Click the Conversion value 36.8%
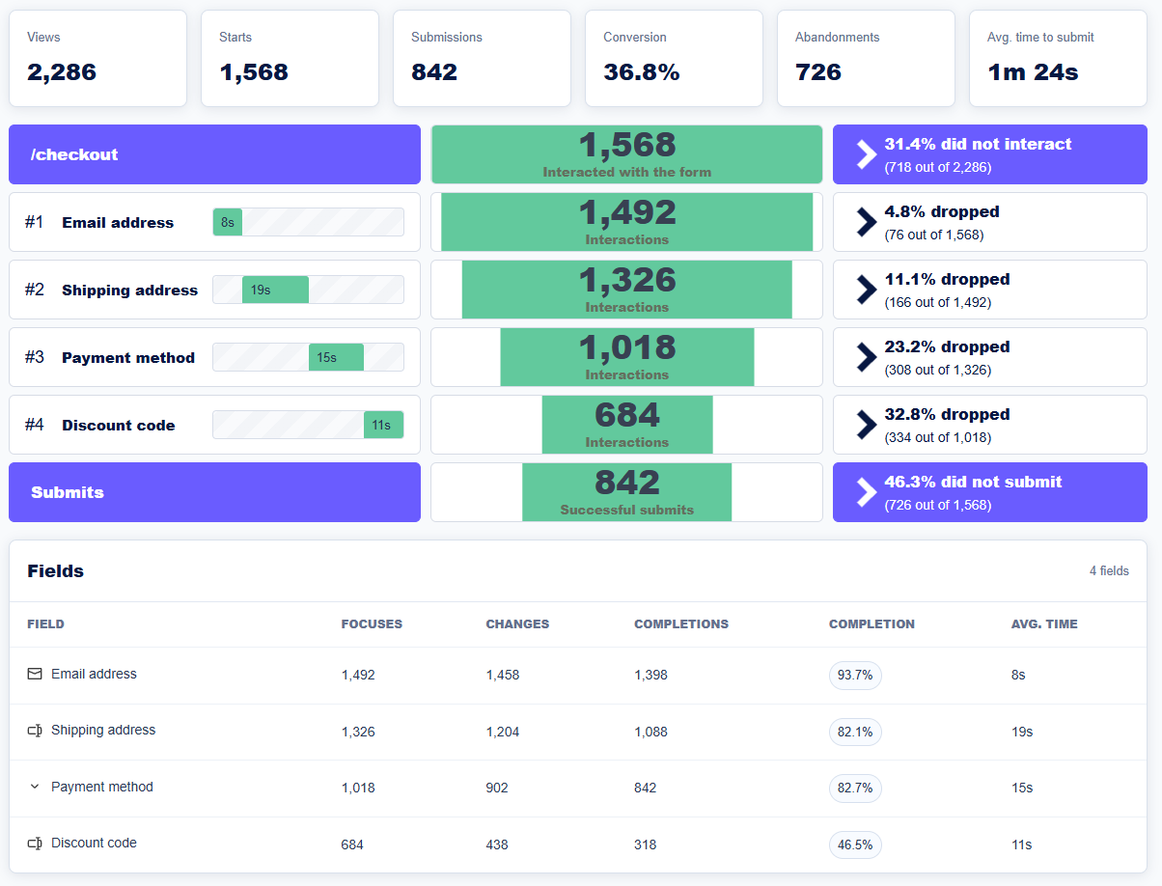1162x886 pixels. click(x=641, y=72)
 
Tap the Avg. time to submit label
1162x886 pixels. click(x=1040, y=37)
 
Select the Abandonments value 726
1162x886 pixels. click(x=817, y=72)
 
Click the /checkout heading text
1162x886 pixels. click(x=74, y=154)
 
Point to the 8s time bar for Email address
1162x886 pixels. click(x=228, y=222)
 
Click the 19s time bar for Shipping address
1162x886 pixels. click(x=275, y=290)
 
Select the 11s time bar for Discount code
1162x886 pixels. click(x=383, y=425)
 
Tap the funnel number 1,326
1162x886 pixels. click(x=627, y=280)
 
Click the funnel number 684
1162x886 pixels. click(x=627, y=415)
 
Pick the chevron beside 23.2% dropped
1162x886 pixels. click(x=867, y=357)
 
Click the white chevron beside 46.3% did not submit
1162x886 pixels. click(x=867, y=492)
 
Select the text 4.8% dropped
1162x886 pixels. click(x=942, y=211)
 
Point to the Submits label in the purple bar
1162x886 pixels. click(x=68, y=492)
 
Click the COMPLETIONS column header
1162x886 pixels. click(x=681, y=624)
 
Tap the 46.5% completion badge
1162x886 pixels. click(x=855, y=844)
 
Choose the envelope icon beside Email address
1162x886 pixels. click(x=35, y=674)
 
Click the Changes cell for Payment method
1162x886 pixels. click(x=497, y=789)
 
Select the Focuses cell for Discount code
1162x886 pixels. click(x=352, y=844)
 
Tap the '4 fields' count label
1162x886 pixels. click(x=1109, y=571)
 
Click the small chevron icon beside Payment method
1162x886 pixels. click(x=35, y=787)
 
